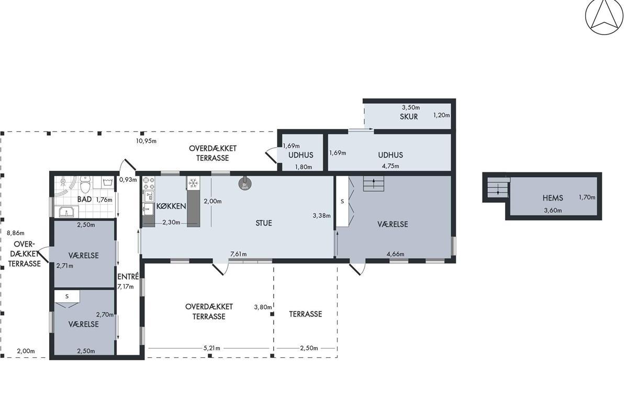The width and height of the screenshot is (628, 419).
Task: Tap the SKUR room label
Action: point(409,117)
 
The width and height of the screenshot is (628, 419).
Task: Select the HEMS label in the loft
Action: point(553,198)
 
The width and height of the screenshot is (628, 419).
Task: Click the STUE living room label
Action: point(264,223)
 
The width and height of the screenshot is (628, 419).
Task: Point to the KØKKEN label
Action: point(171,206)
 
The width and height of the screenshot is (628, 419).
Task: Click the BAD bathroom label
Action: point(84,199)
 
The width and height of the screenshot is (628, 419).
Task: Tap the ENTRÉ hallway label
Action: point(128,277)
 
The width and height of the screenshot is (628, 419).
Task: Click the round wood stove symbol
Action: point(245,183)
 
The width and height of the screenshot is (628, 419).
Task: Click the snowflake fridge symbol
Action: point(193,183)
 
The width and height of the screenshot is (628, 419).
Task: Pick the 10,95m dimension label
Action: point(146,141)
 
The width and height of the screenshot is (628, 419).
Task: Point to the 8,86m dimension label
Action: point(15,233)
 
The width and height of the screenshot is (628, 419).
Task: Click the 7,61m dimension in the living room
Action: point(238,254)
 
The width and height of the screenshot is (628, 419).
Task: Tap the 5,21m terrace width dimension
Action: point(211,348)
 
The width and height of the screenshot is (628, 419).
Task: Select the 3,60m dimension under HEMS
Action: point(553,211)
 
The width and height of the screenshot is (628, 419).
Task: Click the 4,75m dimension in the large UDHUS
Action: point(390,166)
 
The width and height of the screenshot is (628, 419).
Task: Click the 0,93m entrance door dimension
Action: point(128,180)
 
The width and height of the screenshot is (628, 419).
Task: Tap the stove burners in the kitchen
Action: point(149,183)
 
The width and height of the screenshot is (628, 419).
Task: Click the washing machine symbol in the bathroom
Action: point(108,182)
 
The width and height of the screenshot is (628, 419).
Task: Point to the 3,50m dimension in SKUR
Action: point(411,107)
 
